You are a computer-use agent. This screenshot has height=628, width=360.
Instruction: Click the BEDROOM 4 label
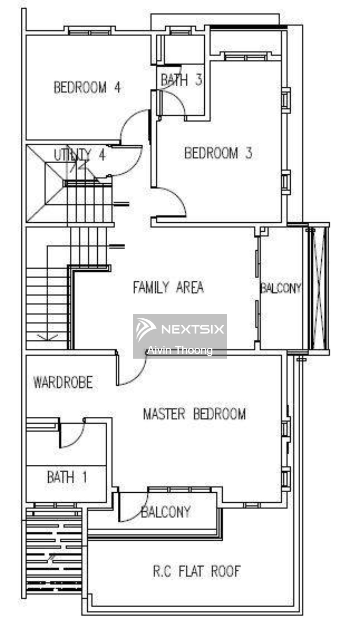87,87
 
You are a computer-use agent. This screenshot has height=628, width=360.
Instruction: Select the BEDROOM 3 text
218,153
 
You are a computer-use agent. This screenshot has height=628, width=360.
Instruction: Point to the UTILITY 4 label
80,155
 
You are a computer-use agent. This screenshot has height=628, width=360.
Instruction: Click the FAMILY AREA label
168,287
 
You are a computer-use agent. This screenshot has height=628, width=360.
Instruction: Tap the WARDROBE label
63,382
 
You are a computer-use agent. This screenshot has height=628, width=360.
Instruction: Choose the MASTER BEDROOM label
194,414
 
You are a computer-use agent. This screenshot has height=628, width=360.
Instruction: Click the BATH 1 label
67,477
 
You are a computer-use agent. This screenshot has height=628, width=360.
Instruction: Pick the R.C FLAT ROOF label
197,571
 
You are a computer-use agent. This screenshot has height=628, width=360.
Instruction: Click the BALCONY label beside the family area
281,288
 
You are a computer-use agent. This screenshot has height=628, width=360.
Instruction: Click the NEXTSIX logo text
192,329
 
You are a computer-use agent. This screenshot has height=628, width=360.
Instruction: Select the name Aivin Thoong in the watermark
180,350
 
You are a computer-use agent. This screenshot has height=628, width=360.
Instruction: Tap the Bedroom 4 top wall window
90,32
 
